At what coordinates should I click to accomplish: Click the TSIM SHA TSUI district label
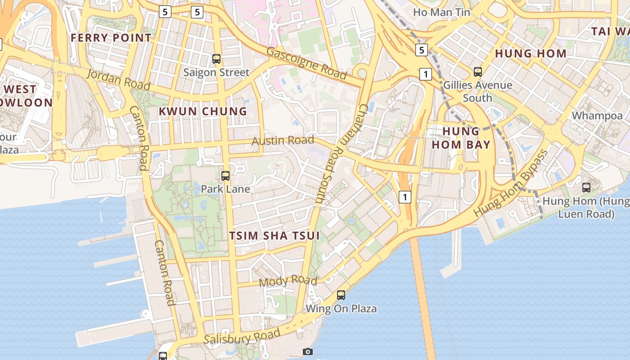pos(274,235)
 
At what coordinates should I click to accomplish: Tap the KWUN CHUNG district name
pos(203,111)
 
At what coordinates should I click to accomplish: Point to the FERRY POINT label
pos(111,38)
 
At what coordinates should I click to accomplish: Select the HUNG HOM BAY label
pos(461,138)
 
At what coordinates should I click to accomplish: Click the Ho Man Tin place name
pos(441,12)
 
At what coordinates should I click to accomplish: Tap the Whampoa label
pos(597,116)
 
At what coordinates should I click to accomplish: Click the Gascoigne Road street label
pos(306,63)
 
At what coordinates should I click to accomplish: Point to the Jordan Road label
pos(118,79)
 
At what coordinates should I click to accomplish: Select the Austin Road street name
pos(283,141)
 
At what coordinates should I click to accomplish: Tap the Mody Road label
pos(288,282)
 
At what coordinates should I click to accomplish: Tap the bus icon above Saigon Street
pos(216,58)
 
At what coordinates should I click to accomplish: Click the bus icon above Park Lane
pos(225,176)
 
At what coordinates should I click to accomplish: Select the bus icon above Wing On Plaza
pos(341,295)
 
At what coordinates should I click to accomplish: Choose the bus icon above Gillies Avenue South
pos(477,72)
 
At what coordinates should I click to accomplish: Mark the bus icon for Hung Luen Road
pos(586,188)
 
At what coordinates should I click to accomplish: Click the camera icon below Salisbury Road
pos(308,351)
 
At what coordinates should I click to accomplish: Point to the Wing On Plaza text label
pos(341,309)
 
